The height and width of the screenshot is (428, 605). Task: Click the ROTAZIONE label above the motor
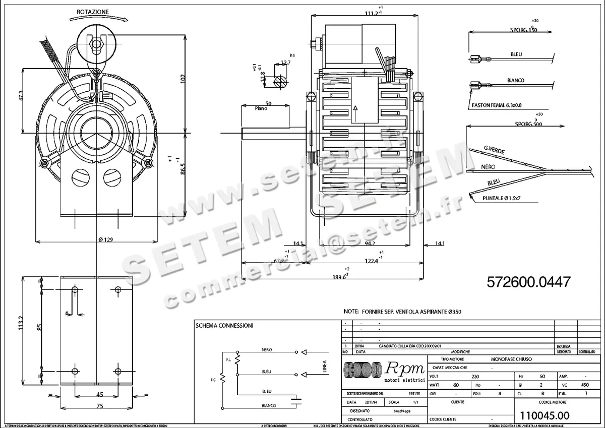[92, 11]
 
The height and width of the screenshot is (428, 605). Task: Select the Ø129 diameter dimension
[105, 239]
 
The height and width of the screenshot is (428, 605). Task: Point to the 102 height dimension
[183, 78]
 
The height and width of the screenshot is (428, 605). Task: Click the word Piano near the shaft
[262, 108]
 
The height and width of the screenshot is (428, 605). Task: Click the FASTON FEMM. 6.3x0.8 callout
[498, 106]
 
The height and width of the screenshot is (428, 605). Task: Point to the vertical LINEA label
[325, 367]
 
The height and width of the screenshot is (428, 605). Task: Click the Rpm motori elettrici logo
[384, 371]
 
